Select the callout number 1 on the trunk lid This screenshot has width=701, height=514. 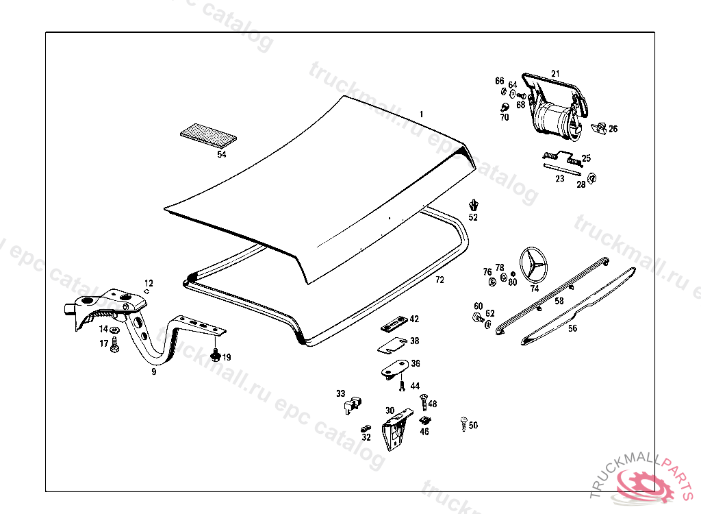pos(422,114)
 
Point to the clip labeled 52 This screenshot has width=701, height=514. pos(473,205)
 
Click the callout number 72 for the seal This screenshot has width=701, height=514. pos(439,280)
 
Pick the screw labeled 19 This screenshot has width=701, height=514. pos(216,356)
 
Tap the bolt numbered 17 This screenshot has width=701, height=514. pos(114,346)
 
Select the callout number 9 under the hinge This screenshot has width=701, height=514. pos(154,371)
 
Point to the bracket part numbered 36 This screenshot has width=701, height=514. pos(394,368)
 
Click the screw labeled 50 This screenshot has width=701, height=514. pos(464,424)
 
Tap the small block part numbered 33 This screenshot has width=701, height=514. pos(350,404)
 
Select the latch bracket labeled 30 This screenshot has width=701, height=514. pos(395,432)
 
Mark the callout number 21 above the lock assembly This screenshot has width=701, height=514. pos(555,73)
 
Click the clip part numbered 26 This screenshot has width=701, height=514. pos(600,127)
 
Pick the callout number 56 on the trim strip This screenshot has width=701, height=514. pos(572,328)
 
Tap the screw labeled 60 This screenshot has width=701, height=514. pos(477,318)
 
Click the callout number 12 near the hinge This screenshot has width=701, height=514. pos(149,283)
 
